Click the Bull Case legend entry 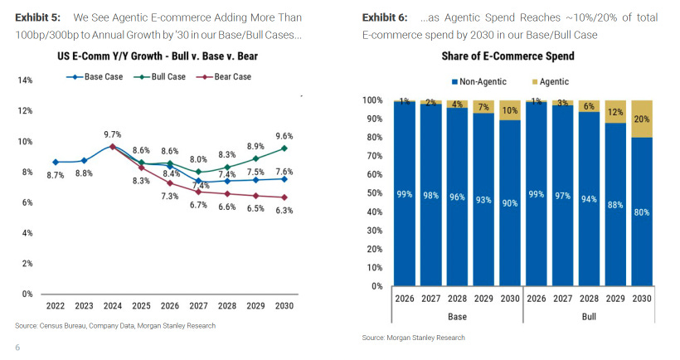[167, 76]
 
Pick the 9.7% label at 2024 [113, 134]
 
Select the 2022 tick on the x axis [56, 306]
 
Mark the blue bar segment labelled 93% [484, 200]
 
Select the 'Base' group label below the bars [458, 317]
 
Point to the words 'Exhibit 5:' [37, 17]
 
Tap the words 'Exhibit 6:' [386, 17]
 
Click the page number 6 [17, 347]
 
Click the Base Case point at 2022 [56, 162]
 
